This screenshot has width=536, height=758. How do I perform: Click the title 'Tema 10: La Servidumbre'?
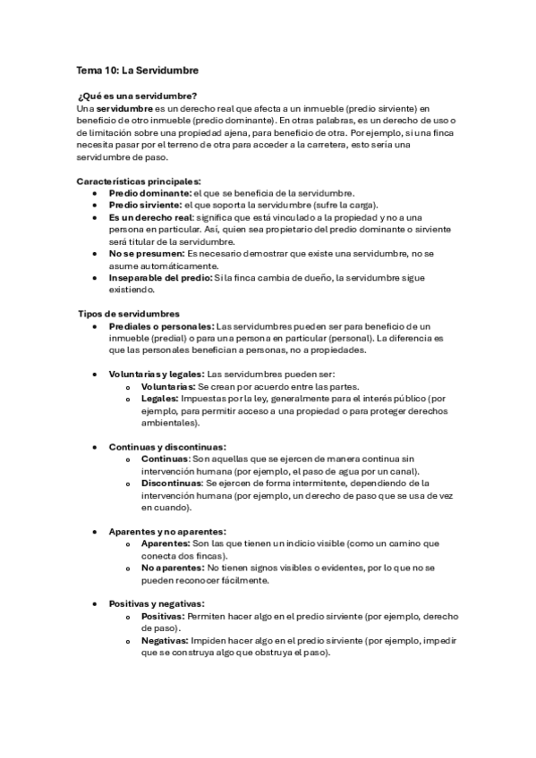137,70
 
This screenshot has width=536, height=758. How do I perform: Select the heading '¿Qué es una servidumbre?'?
138,96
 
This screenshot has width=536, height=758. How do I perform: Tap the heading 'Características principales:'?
139,181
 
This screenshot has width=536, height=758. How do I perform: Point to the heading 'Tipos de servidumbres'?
129,314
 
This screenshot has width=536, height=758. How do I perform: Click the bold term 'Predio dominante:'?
150,193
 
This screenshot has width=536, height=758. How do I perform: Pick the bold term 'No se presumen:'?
147,254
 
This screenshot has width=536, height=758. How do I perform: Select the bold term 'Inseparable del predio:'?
160,278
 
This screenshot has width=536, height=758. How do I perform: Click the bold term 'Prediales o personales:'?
162,326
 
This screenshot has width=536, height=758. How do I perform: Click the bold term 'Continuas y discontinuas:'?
167,446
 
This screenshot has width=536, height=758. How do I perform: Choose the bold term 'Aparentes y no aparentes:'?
167,531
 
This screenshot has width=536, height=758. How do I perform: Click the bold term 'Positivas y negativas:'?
157,603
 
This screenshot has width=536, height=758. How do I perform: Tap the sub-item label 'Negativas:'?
165,640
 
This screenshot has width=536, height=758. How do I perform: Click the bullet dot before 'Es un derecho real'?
95,217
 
